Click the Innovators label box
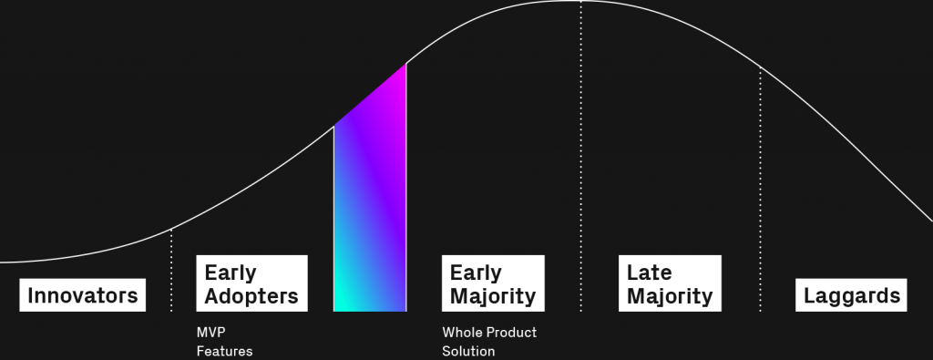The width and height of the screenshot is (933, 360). (83, 295)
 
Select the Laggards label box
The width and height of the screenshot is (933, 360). (852, 295)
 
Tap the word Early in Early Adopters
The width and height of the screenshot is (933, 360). (231, 273)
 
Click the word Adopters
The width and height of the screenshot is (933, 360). (251, 295)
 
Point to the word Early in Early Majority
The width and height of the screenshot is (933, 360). (476, 273)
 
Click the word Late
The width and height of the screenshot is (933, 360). (649, 273)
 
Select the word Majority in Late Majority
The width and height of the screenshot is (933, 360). (670, 295)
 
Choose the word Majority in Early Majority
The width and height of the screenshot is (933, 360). (493, 295)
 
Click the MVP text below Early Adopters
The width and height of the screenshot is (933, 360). (210, 332)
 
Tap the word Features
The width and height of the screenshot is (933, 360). (224, 351)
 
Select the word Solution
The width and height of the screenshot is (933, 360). (468, 351)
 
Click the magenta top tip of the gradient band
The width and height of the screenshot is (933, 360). (405, 65)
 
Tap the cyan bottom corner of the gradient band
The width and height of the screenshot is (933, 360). (335, 310)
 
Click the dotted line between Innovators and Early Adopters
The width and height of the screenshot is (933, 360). (171, 270)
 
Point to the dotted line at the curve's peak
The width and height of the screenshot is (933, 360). (581, 156)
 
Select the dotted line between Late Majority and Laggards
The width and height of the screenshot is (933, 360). (761, 190)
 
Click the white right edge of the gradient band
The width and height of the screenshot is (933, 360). (406, 187)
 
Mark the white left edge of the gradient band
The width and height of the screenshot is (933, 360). (333, 219)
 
